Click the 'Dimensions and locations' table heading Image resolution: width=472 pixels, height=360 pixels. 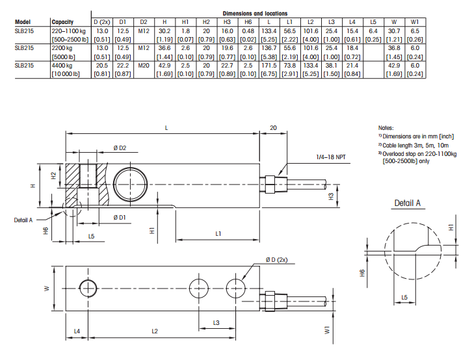coord(255,13)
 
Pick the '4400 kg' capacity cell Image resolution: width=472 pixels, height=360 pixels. coord(62,66)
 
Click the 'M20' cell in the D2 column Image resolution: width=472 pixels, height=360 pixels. coord(144,66)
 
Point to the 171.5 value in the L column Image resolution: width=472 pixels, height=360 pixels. coord(268,66)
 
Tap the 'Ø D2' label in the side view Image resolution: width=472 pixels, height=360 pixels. coord(119,149)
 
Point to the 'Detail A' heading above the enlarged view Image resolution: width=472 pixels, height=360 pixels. coord(408,203)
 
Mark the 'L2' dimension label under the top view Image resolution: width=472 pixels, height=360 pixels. coord(154,331)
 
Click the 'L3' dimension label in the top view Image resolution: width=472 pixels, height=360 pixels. coord(216,322)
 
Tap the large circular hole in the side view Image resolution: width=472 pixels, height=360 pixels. coord(128,182)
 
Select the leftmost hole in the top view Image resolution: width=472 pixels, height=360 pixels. coord(86,287)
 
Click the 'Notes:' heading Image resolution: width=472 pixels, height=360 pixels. coord(386,128)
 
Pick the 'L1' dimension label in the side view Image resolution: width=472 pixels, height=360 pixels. coord(218,233)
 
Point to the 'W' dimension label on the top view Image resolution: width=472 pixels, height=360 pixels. coord(47,287)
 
